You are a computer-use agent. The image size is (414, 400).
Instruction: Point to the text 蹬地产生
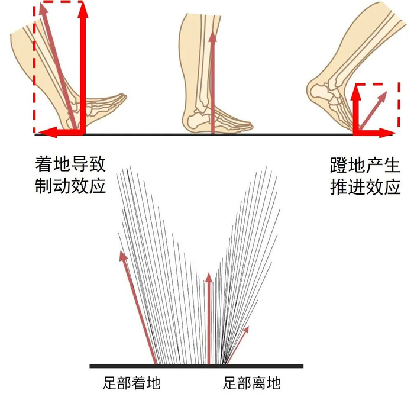pos(365,164)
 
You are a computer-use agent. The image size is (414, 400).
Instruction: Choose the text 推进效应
pos(365,186)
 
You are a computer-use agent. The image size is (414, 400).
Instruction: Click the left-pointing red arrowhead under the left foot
pos(40,131)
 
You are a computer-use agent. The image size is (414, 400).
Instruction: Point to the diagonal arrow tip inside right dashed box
pos(385,94)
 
